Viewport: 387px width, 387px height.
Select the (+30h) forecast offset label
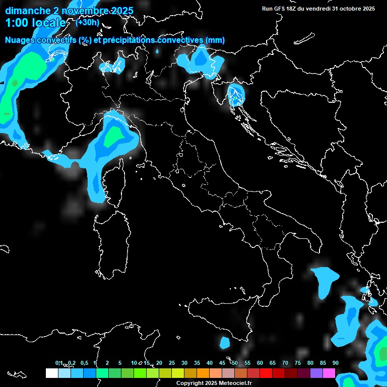tap(87, 23)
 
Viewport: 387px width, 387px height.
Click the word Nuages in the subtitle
tap(21, 40)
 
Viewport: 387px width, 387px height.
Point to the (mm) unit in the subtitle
tap(214, 40)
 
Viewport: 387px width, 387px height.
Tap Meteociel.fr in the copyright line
tap(234, 383)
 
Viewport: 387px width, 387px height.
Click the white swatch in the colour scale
tap(51, 373)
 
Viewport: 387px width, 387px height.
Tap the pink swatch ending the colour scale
tap(329, 373)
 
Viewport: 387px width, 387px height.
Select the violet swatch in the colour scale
tap(316, 373)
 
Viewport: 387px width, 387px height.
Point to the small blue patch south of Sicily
tap(225, 343)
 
